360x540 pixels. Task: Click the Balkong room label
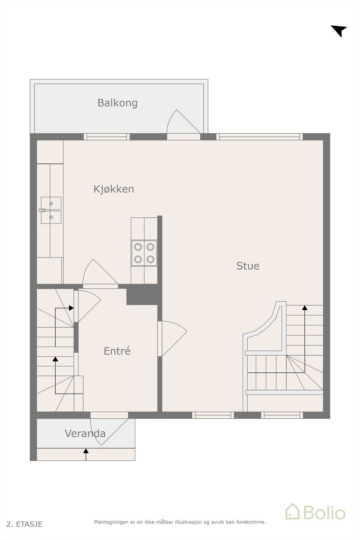tap(117, 103)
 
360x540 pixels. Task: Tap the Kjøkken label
tap(114, 189)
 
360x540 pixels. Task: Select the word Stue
tap(248, 266)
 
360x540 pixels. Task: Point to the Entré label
tap(117, 351)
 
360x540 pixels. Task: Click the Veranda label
tap(85, 433)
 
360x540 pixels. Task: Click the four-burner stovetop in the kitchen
tap(144, 253)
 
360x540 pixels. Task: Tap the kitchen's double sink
tap(51, 210)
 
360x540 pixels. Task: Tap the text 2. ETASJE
tap(24, 524)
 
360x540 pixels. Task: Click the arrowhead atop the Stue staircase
tap(305, 308)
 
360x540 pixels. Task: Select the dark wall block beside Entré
tap(142, 294)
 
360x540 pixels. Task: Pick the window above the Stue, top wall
tap(259, 137)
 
